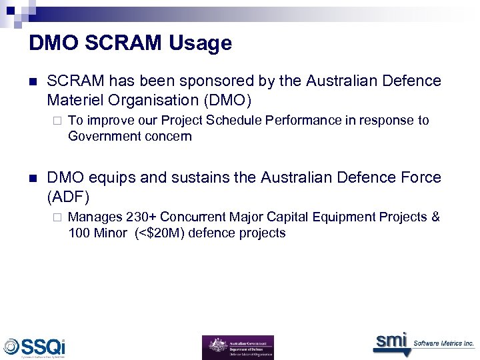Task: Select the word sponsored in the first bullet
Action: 198,81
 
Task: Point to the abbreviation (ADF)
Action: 68,197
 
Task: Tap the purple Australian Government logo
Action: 238,347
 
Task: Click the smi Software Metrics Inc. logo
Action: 423,342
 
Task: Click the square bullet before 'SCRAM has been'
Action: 33,82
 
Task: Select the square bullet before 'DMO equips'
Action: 33,178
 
